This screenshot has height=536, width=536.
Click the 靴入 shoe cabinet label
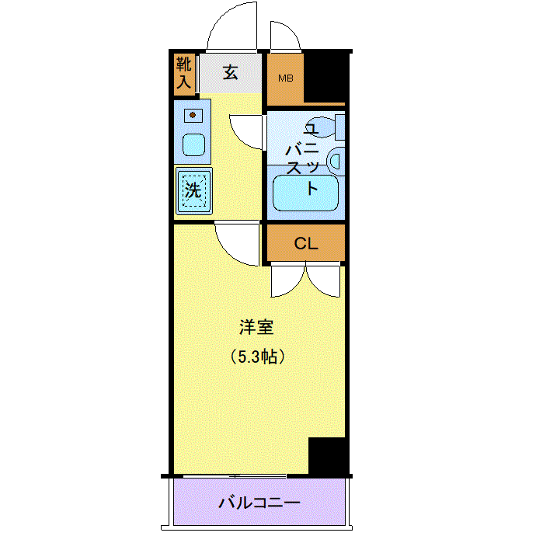point(183,73)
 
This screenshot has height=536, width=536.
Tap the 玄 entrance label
point(231,72)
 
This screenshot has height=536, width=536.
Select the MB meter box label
point(285,78)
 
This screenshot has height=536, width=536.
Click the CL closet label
point(306,243)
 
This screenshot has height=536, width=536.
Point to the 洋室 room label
point(256,327)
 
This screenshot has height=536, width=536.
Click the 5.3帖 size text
point(257,357)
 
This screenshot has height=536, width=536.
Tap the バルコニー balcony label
point(259,503)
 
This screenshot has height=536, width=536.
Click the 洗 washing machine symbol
point(194,191)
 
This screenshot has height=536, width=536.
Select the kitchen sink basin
point(193,145)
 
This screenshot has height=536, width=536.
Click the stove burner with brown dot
point(193,115)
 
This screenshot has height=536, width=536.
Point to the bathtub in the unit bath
point(305,193)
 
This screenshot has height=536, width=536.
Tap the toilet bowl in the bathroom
point(322,127)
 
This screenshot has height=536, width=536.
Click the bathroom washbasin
point(336,162)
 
